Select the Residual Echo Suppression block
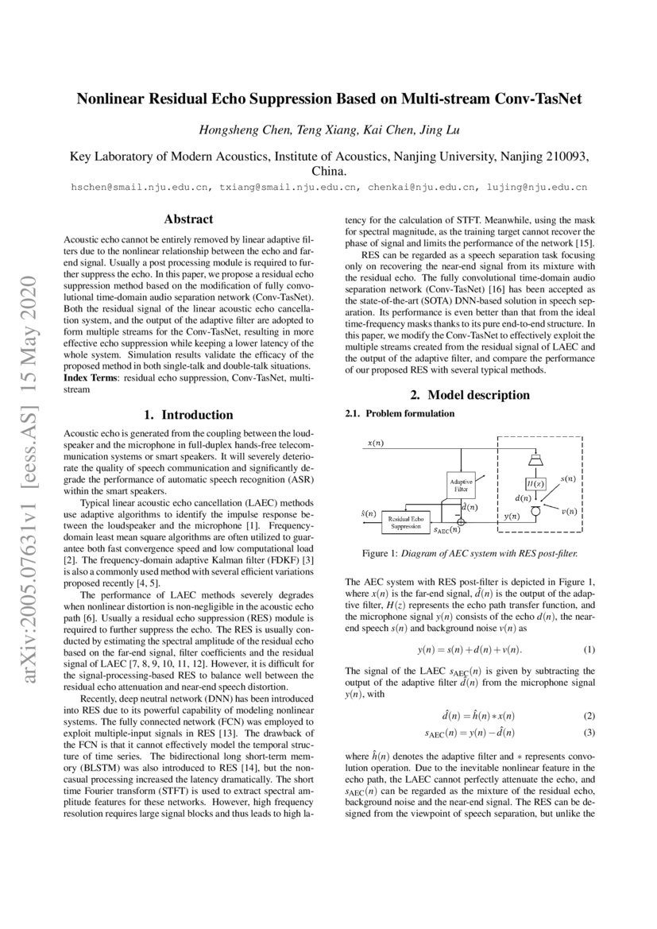tap(406, 521)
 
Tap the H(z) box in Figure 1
tap(535, 483)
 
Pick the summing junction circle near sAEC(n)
tap(462, 522)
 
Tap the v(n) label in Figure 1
tap(570, 511)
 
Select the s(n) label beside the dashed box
tap(568, 479)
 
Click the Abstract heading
tap(188, 219)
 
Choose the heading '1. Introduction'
tap(188, 415)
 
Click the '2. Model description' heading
tap(469, 395)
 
